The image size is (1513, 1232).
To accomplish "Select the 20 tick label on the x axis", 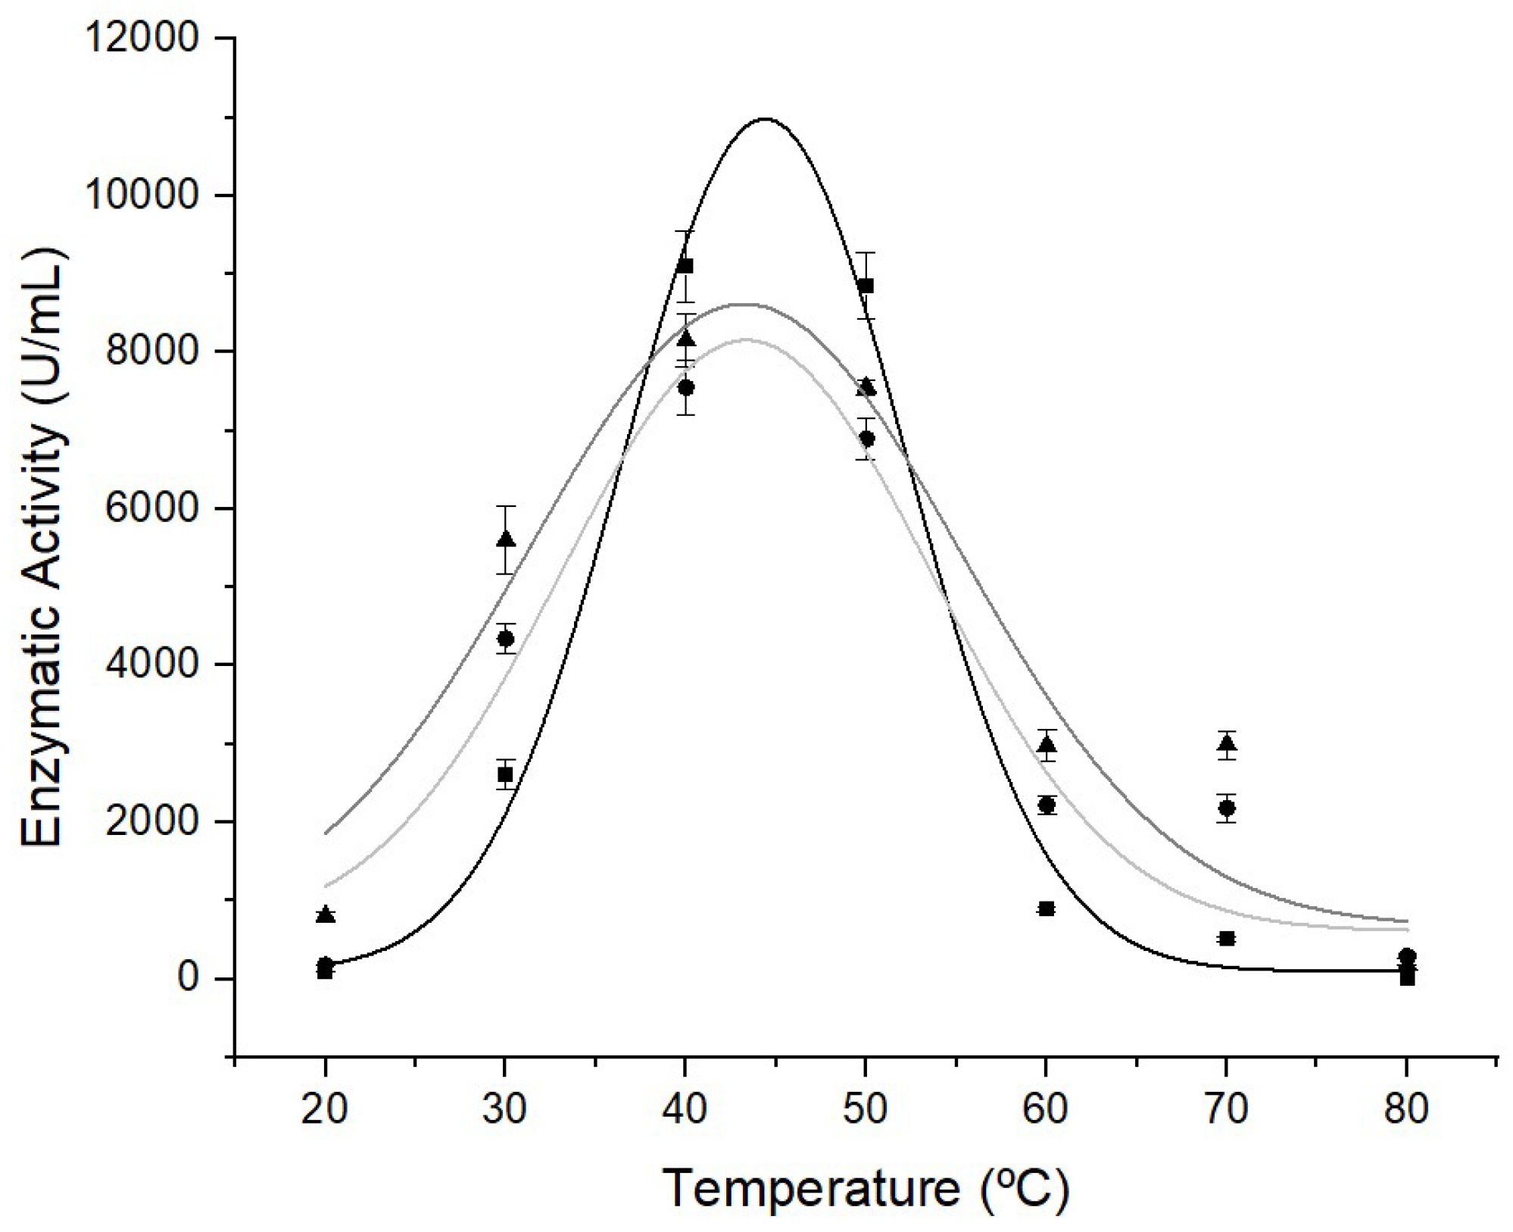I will pos(325,1109).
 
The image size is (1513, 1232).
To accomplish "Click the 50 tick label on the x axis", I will pos(865,1109).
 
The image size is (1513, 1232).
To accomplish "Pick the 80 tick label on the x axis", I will pos(1406,1109).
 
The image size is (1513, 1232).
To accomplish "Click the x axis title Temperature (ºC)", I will pos(866,1187).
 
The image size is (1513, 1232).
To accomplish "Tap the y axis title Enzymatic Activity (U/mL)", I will pos(42,549).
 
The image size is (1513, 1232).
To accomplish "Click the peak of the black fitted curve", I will pos(765,119).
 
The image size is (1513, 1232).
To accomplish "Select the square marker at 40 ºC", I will pos(685,265).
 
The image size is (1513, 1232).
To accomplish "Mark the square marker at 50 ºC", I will pos(866,286).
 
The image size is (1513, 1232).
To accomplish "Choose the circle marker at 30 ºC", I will pos(505,638).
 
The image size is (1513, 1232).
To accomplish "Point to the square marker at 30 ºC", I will pos(505,774).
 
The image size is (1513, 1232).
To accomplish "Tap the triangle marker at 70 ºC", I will pos(1227,743).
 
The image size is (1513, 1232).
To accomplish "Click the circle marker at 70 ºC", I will pos(1227,808).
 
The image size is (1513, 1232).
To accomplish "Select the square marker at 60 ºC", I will pos(1047,908).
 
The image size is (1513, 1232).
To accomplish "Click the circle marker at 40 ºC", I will pos(686,387).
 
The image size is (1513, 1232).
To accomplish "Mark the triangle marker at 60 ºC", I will pos(1047,745).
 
